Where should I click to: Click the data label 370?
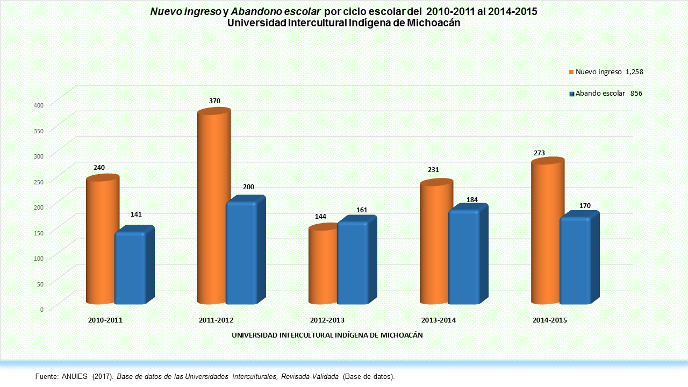[x=215, y=101]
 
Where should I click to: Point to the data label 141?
[x=136, y=214]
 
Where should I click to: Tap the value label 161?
[x=362, y=210]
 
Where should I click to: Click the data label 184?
[x=472, y=200]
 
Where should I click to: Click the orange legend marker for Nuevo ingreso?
[x=571, y=72]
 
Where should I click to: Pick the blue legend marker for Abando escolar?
[x=571, y=94]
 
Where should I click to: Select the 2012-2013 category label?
[x=327, y=320]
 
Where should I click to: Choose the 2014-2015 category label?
[x=550, y=320]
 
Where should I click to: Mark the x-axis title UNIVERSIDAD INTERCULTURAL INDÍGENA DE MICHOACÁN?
[x=327, y=335]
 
